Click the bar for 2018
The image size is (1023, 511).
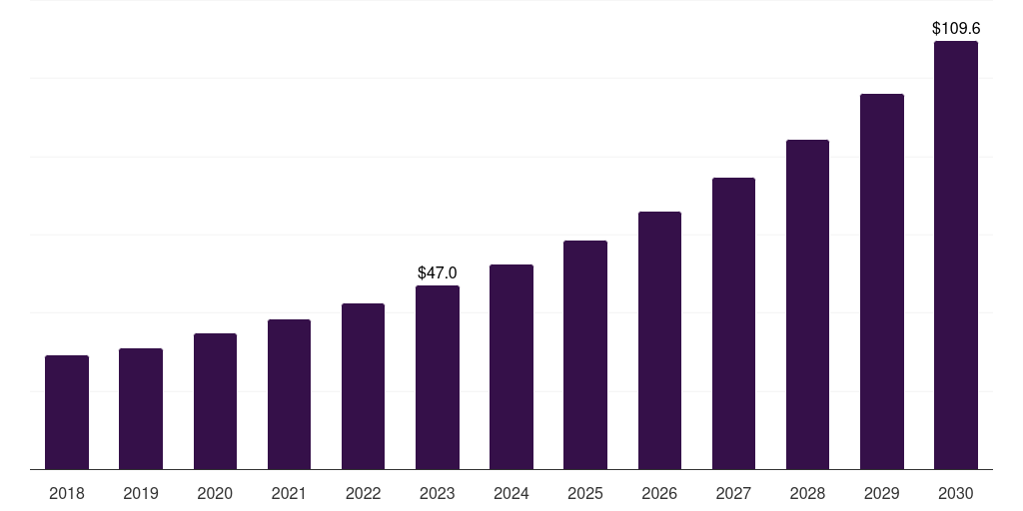coord(67,412)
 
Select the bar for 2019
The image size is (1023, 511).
coord(141,409)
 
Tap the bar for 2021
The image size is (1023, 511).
coord(289,394)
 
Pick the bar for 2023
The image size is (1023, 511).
coord(438,377)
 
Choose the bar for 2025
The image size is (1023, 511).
coord(585,355)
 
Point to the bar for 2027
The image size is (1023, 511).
coord(733,323)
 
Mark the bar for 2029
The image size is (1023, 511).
coord(882,281)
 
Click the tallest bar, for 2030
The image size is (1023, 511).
coord(956,255)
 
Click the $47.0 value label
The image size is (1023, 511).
coord(438,272)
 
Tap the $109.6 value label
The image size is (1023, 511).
coord(956,28)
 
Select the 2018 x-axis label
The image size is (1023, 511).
coord(67,493)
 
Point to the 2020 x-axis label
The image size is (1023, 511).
coord(215,493)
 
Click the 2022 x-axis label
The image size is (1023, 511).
coord(364,493)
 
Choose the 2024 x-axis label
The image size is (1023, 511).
coord(511,493)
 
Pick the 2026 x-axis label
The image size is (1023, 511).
coord(659,493)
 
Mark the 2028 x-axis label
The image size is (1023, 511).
coord(807,493)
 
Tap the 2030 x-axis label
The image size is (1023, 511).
coord(956,493)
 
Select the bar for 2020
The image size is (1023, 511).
coord(215,401)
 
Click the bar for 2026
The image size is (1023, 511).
coord(659,340)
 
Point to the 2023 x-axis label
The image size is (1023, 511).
coord(438,493)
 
